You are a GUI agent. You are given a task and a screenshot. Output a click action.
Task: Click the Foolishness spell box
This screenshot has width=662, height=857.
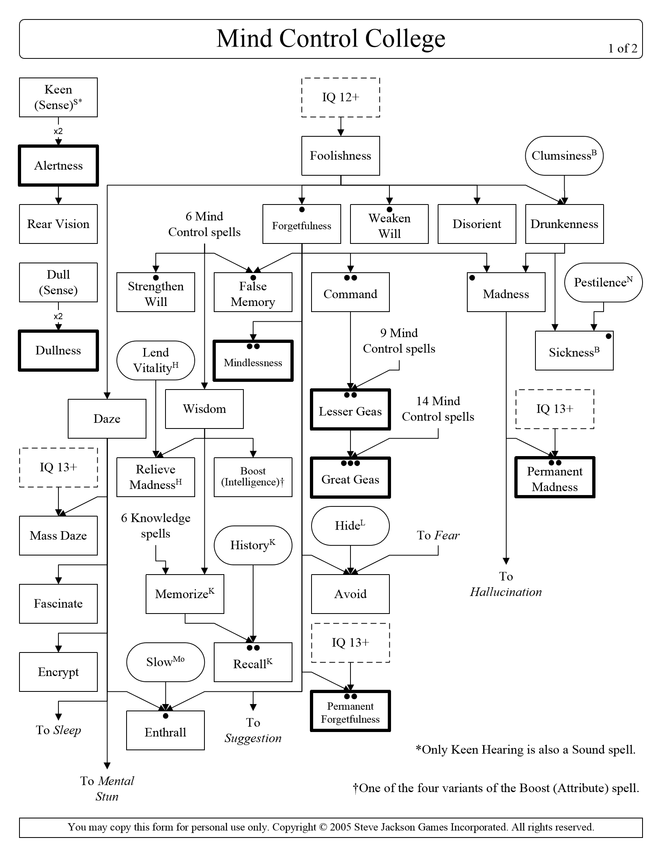[340, 156]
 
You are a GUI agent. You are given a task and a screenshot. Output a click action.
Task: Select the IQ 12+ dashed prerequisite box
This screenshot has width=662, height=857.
[340, 97]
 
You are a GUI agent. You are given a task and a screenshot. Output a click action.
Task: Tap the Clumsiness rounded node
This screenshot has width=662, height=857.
[564, 156]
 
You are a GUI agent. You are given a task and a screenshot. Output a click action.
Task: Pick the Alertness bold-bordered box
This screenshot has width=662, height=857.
[58, 166]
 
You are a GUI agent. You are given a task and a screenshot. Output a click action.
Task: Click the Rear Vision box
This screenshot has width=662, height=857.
[58, 224]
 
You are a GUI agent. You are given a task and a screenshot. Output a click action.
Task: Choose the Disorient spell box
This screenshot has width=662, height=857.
[477, 224]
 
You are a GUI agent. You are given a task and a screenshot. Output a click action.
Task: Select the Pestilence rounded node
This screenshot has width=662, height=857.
[603, 282]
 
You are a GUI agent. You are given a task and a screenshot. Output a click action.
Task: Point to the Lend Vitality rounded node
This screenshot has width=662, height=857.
[156, 360]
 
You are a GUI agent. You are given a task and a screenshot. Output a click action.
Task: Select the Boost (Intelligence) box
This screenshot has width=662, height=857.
[253, 477]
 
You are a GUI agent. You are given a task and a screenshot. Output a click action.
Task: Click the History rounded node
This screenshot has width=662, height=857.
[253, 545]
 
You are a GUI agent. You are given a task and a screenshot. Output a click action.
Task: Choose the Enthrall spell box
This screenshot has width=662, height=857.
[165, 732]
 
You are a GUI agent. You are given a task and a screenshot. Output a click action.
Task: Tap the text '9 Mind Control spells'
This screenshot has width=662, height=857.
[399, 341]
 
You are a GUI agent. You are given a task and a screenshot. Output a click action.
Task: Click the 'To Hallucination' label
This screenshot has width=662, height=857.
[506, 584]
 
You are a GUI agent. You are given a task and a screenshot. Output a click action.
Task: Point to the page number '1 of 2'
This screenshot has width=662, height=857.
[623, 49]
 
